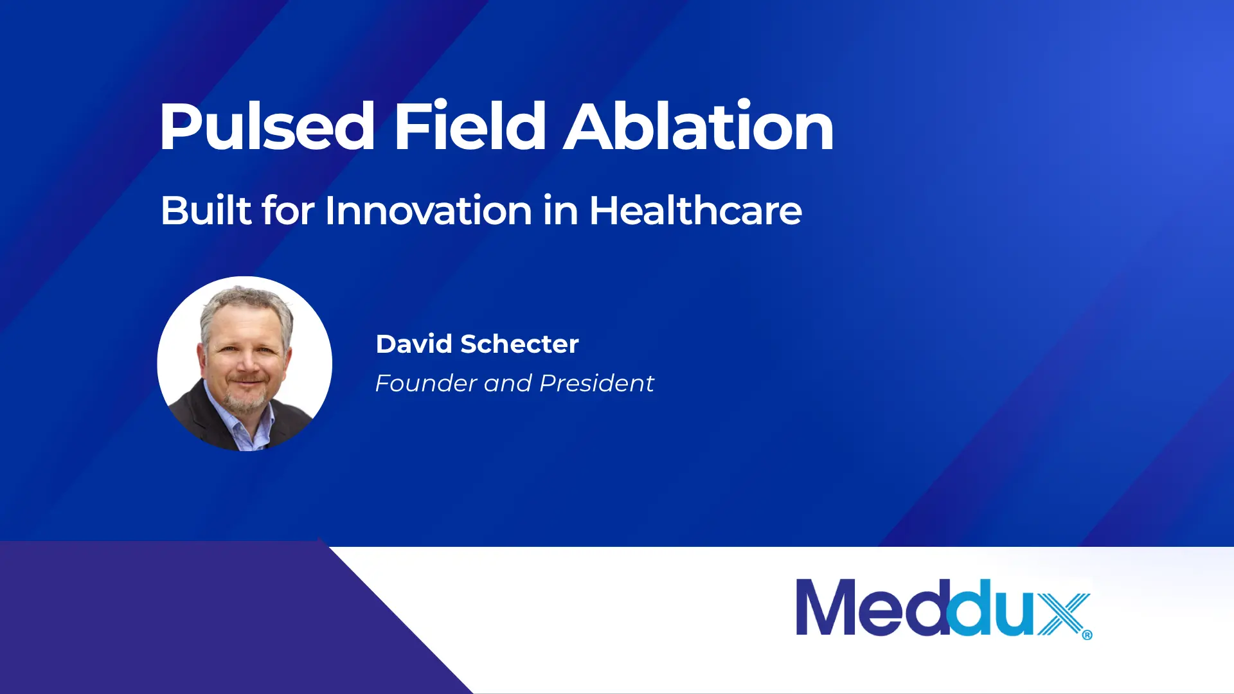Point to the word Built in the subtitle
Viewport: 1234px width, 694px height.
[x=206, y=210]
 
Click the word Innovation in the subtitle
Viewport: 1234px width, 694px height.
[x=429, y=210]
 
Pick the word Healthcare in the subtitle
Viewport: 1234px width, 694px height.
[x=695, y=210]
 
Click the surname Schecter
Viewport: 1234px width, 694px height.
[x=520, y=344]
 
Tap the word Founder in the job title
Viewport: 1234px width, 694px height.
[x=425, y=383]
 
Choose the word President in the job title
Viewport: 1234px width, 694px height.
[x=596, y=383]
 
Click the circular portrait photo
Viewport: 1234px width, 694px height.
[x=245, y=364]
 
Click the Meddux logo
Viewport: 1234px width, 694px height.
[x=944, y=609]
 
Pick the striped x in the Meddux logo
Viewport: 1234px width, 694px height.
[x=1064, y=614]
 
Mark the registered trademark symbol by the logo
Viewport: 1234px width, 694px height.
[x=1087, y=635]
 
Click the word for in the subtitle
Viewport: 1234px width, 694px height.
[x=289, y=210]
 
